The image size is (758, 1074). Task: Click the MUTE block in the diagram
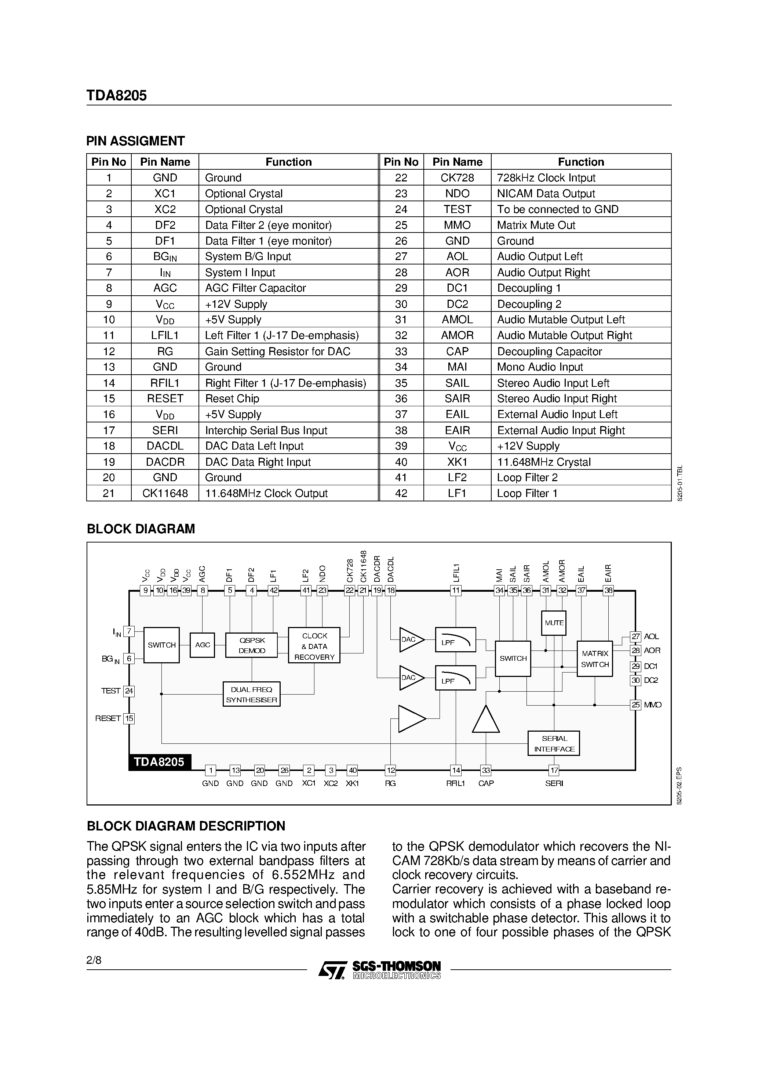point(554,623)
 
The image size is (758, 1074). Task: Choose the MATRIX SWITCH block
point(594,659)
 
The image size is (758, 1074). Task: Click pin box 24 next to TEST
point(129,691)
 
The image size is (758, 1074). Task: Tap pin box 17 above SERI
point(554,770)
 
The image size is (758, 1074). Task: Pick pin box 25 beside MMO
point(635,704)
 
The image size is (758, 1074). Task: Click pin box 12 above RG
point(390,770)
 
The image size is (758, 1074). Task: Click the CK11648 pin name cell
point(165,493)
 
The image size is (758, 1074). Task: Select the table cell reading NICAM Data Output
point(546,194)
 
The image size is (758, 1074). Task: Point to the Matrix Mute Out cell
point(536,225)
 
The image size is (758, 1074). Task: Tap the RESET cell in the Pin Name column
point(165,399)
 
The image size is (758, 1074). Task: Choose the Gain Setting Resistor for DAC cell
point(278,351)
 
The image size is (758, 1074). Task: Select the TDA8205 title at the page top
point(116,95)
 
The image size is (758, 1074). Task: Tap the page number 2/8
point(94,961)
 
